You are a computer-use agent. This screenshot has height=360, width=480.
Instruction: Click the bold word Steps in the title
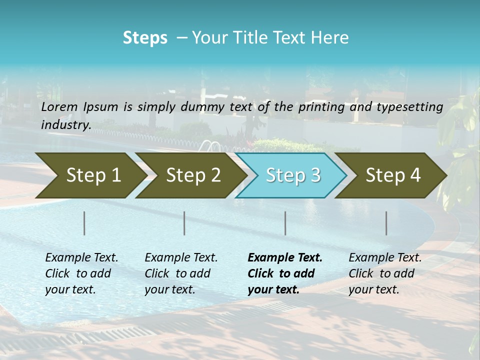pyautogui.click(x=145, y=38)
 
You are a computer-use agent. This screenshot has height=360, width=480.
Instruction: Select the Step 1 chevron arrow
pyautogui.click(x=90, y=175)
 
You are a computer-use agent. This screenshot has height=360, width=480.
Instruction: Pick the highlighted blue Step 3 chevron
pyautogui.click(x=292, y=175)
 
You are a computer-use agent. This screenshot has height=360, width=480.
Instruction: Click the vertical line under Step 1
pyautogui.click(x=84, y=223)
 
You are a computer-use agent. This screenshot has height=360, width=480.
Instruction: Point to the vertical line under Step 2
pyautogui.click(x=184, y=223)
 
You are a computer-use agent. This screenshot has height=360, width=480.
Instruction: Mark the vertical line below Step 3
pyautogui.click(x=285, y=223)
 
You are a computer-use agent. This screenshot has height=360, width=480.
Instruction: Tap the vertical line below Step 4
pyautogui.click(x=386, y=223)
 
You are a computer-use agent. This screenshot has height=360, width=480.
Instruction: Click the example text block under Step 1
pyautogui.click(x=81, y=273)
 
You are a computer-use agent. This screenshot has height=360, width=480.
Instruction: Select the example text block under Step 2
pyautogui.click(x=181, y=273)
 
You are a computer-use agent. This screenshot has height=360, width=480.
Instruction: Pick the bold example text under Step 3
pyautogui.click(x=285, y=273)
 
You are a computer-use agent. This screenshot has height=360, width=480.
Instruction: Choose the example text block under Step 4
pyautogui.click(x=385, y=273)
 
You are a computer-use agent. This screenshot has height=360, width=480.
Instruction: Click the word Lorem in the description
pyautogui.click(x=59, y=106)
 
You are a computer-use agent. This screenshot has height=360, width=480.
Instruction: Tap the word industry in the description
pyautogui.click(x=65, y=125)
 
